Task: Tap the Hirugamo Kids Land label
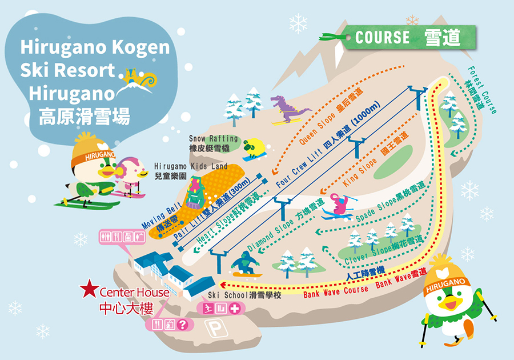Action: coord(191,170)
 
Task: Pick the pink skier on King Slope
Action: coord(341,206)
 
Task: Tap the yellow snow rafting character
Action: coord(254,148)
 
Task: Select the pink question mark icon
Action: coord(182,325)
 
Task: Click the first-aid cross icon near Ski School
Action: coord(234,309)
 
